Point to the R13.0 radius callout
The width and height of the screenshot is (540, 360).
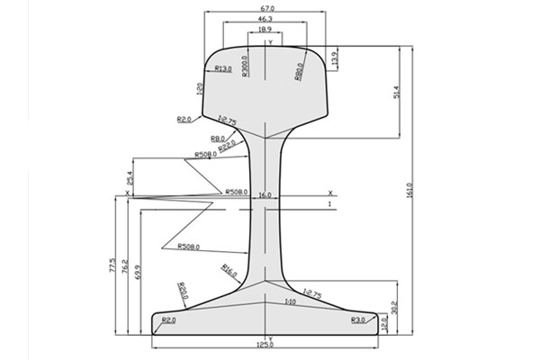coord(223,68)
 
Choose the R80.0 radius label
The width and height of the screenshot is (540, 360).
coord(298,69)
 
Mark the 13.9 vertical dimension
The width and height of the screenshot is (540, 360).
coord(336,59)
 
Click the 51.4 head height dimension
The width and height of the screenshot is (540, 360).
coord(397,93)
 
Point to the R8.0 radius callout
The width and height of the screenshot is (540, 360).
coord(218,139)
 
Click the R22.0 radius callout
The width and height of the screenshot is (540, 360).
coord(227,144)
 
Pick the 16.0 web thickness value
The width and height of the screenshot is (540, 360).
coord(265,194)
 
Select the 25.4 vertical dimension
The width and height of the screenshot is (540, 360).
coord(130,178)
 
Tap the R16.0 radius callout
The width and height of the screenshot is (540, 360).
coord(228,270)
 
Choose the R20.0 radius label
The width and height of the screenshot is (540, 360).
coord(183,290)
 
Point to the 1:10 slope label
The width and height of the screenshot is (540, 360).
coord(290,302)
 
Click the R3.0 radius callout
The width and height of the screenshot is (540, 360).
coord(358,319)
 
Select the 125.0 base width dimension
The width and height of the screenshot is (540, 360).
coord(265,345)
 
